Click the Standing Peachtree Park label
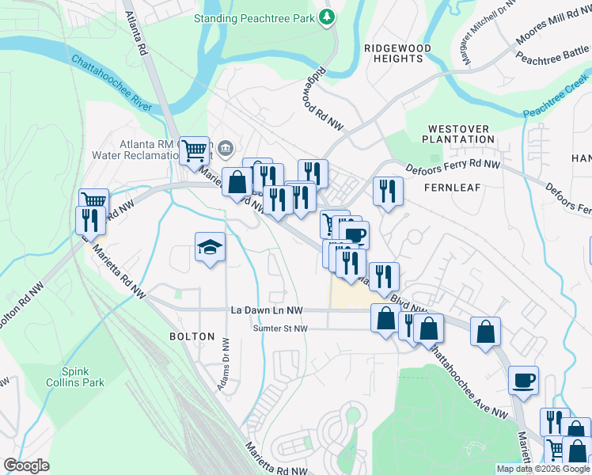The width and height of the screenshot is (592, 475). click(x=254, y=17)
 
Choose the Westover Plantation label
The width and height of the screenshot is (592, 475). click(x=460, y=133)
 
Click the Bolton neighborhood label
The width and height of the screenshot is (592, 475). click(x=192, y=336)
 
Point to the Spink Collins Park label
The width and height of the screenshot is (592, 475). click(x=83, y=376)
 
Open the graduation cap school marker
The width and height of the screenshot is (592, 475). click(x=211, y=248)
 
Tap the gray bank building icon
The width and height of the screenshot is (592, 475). click(x=226, y=147)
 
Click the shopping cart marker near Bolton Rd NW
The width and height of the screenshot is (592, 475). click(x=95, y=201)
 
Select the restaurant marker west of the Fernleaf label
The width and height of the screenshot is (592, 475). click(x=388, y=191)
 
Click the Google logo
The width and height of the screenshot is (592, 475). click(x=26, y=465)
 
